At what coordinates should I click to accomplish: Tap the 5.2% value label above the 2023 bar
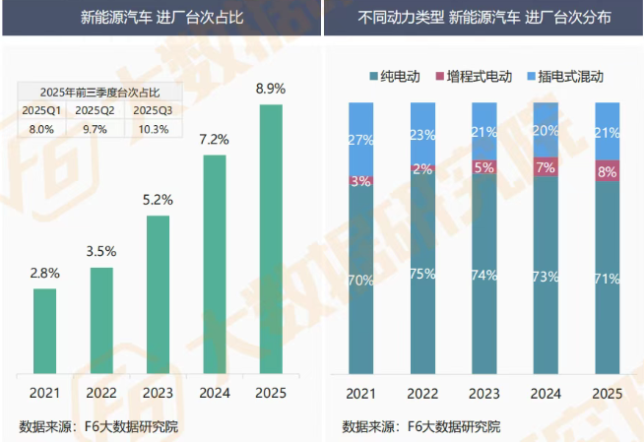(x=158, y=199)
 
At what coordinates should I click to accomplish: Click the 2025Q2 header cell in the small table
(x=96, y=109)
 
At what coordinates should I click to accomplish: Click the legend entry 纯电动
(x=397, y=76)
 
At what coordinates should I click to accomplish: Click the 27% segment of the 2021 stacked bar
(x=360, y=139)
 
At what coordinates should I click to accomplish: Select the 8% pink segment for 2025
(x=608, y=170)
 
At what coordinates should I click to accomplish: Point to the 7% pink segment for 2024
(x=546, y=166)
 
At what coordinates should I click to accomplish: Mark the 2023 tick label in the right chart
(x=483, y=394)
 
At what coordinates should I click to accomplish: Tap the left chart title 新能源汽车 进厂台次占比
(x=161, y=18)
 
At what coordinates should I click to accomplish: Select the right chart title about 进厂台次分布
(x=483, y=18)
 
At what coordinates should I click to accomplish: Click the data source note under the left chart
(x=98, y=425)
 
